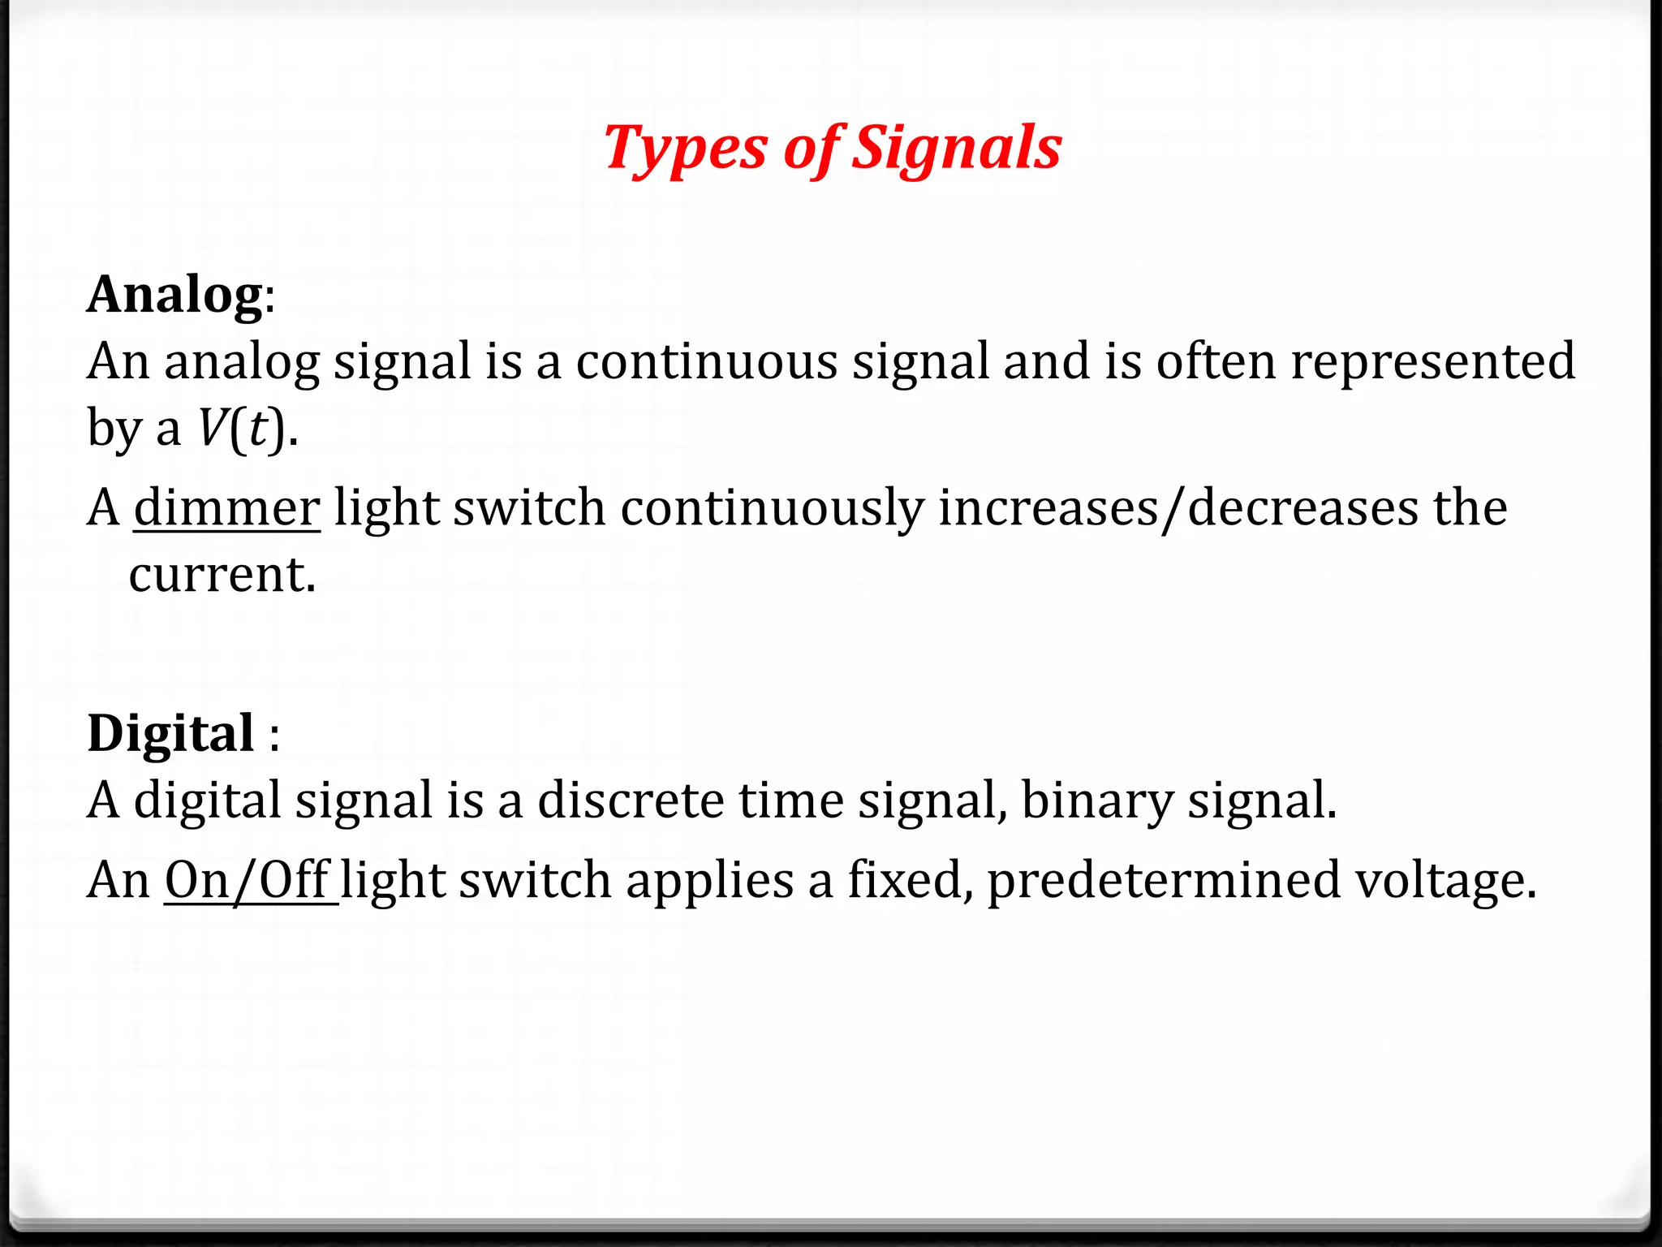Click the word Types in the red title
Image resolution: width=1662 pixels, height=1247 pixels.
click(684, 149)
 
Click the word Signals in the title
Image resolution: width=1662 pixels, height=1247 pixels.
click(957, 149)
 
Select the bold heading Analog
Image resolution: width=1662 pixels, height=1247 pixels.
click(174, 294)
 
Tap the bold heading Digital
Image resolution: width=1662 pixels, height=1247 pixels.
click(171, 733)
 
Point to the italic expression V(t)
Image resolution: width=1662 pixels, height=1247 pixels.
click(242, 428)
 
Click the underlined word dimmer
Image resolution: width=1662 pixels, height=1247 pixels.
click(226, 508)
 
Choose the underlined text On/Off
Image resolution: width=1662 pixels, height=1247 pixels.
click(247, 880)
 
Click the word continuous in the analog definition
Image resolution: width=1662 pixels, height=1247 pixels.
click(706, 361)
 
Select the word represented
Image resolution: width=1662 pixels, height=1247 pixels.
click(1432, 361)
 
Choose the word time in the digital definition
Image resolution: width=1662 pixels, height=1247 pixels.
click(791, 800)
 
